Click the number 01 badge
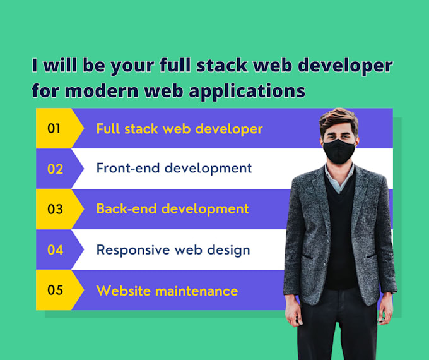pyautogui.click(x=55, y=129)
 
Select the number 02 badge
pyautogui.click(x=55, y=169)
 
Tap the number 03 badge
pyautogui.click(x=55, y=209)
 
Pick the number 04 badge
pyautogui.click(x=55, y=249)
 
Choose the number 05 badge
pyautogui.click(x=55, y=291)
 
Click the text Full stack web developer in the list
pyautogui.click(x=179, y=129)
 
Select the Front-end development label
pyautogui.click(x=173, y=169)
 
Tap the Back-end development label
pyautogui.click(x=172, y=209)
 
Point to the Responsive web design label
pyautogui.click(x=173, y=250)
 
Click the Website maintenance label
pyautogui.click(x=167, y=291)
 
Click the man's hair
pyautogui.click(x=339, y=118)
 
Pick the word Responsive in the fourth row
pyautogui.click(x=132, y=250)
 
